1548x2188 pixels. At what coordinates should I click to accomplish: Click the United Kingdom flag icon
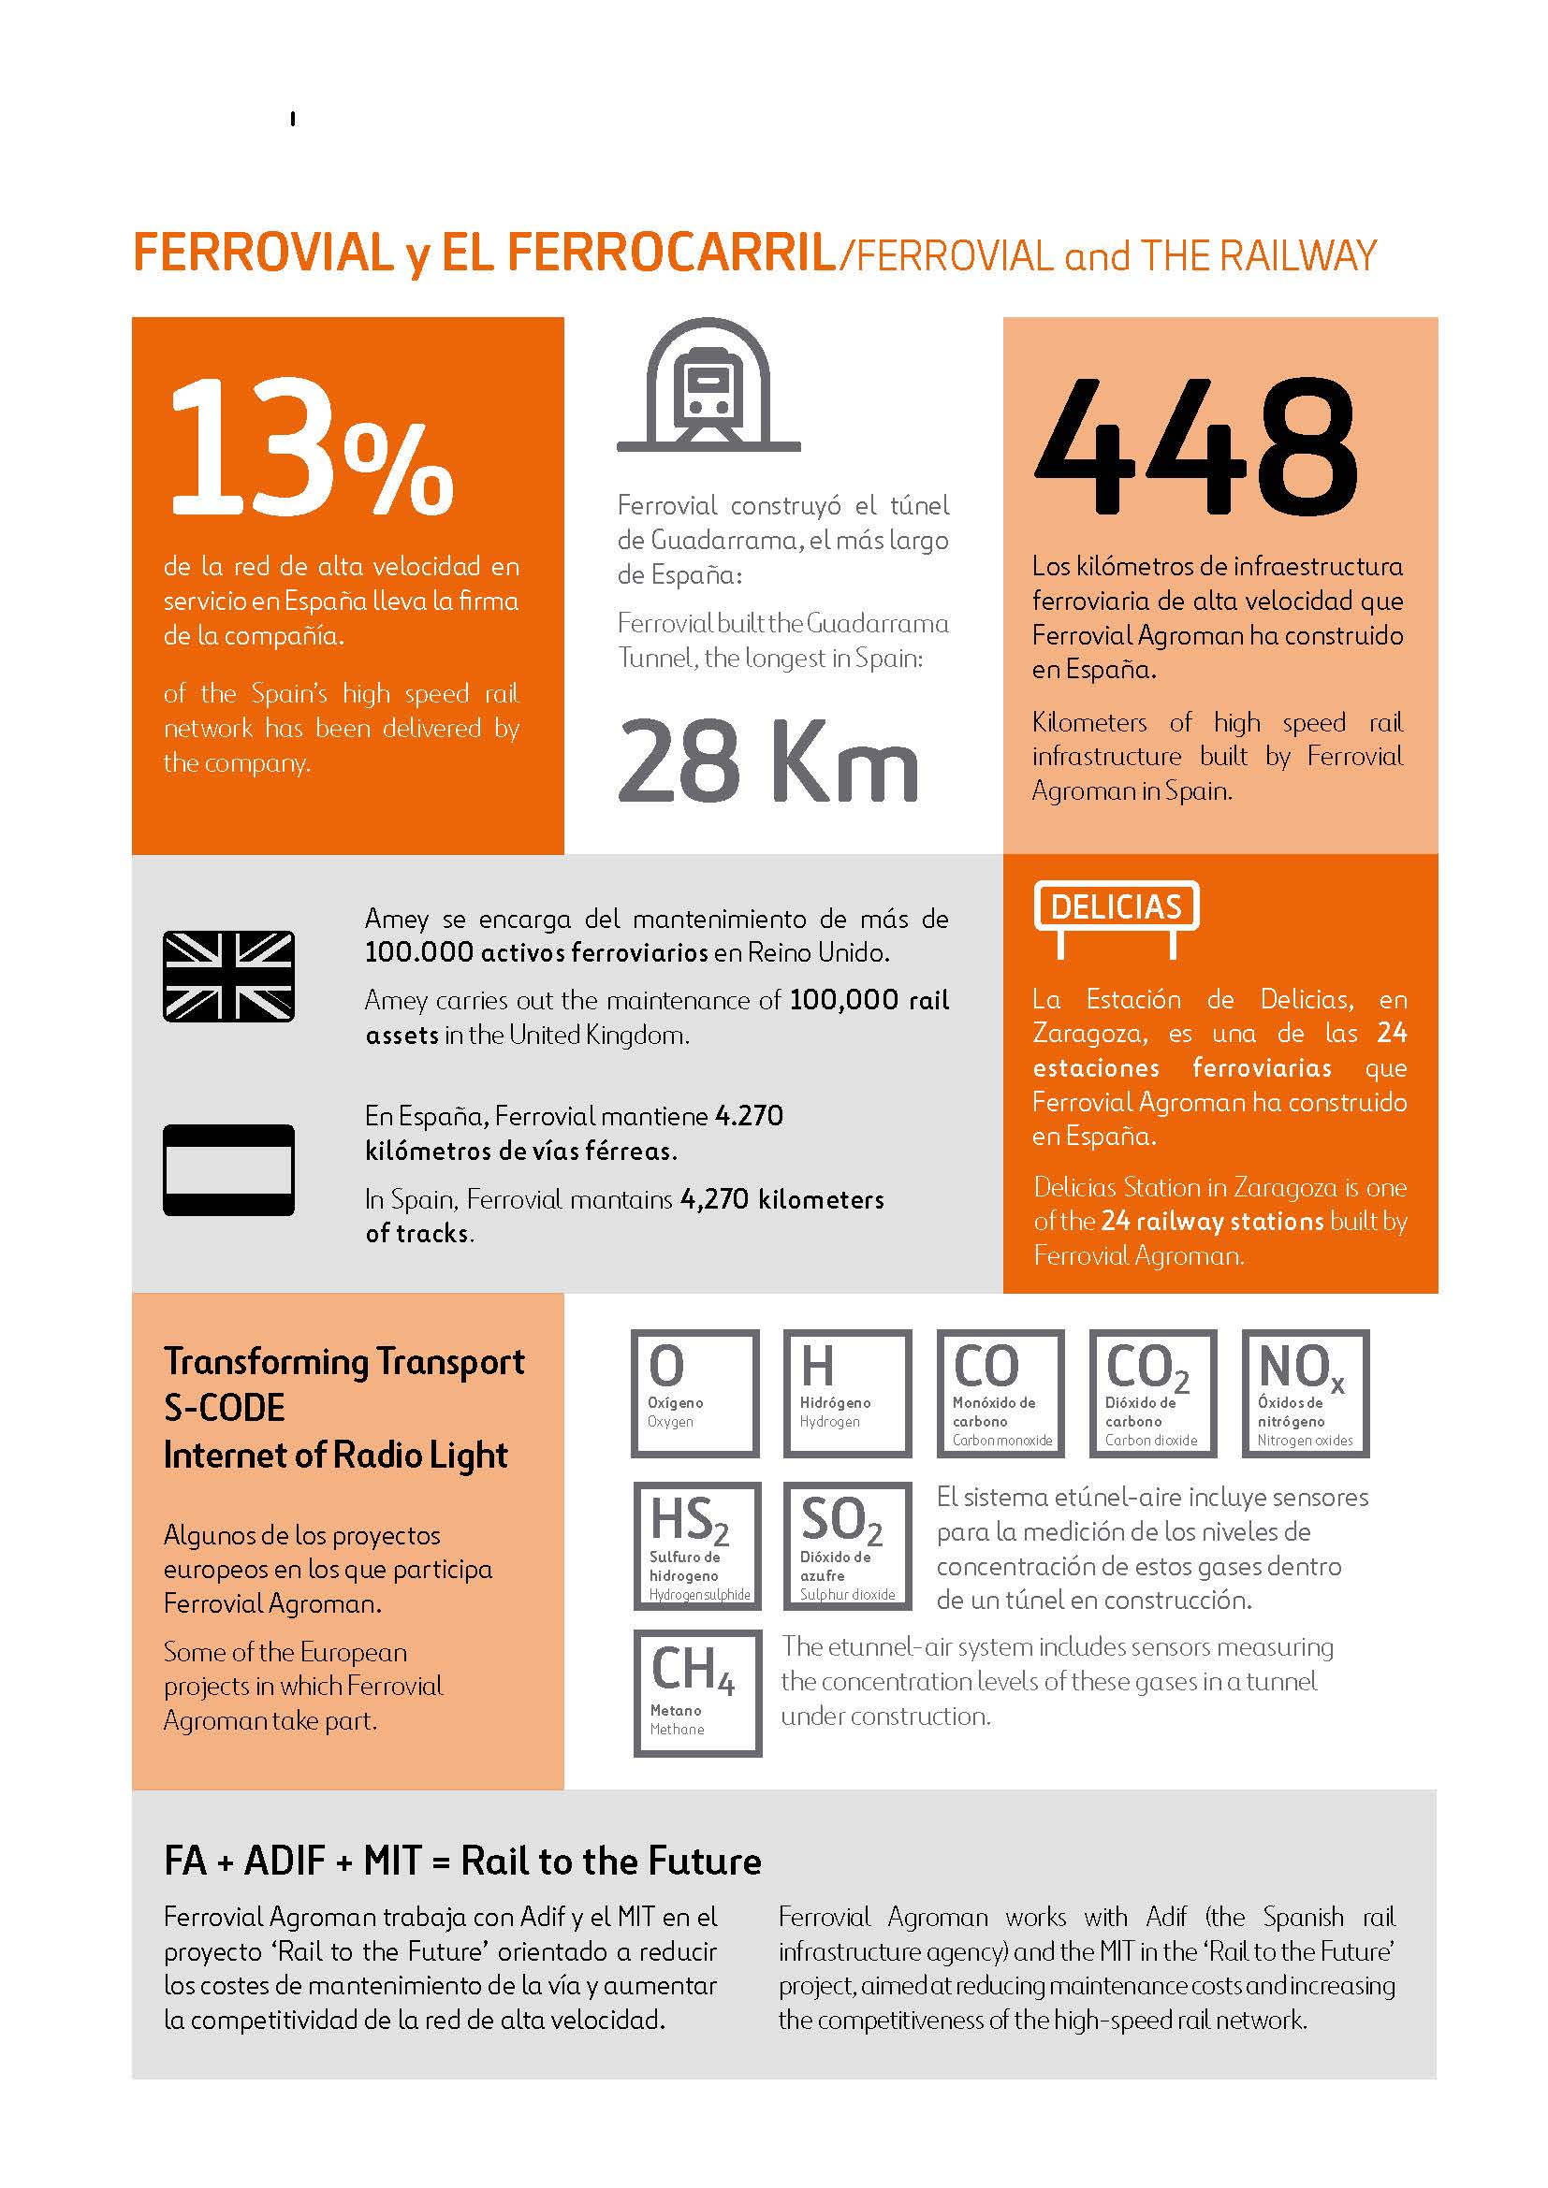pos(228,976)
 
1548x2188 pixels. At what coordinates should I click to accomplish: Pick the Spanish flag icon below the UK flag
pos(228,1169)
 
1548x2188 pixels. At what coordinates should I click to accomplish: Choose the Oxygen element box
pos(694,1393)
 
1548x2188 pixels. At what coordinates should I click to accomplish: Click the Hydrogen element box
pos(847,1393)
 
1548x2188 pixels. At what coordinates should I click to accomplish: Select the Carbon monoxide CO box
pos(1000,1393)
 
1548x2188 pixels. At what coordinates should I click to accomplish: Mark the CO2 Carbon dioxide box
pos(1153,1393)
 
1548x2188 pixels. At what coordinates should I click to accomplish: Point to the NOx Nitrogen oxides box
pos(1306,1393)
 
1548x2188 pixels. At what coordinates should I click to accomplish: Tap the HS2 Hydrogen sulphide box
pos(697,1545)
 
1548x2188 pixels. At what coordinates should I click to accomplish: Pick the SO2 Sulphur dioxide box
pos(847,1545)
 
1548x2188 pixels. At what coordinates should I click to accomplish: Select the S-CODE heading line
pos(225,1408)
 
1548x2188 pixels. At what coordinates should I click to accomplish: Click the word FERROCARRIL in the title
pos(671,254)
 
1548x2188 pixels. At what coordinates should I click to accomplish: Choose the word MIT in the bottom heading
pos(392,1861)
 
